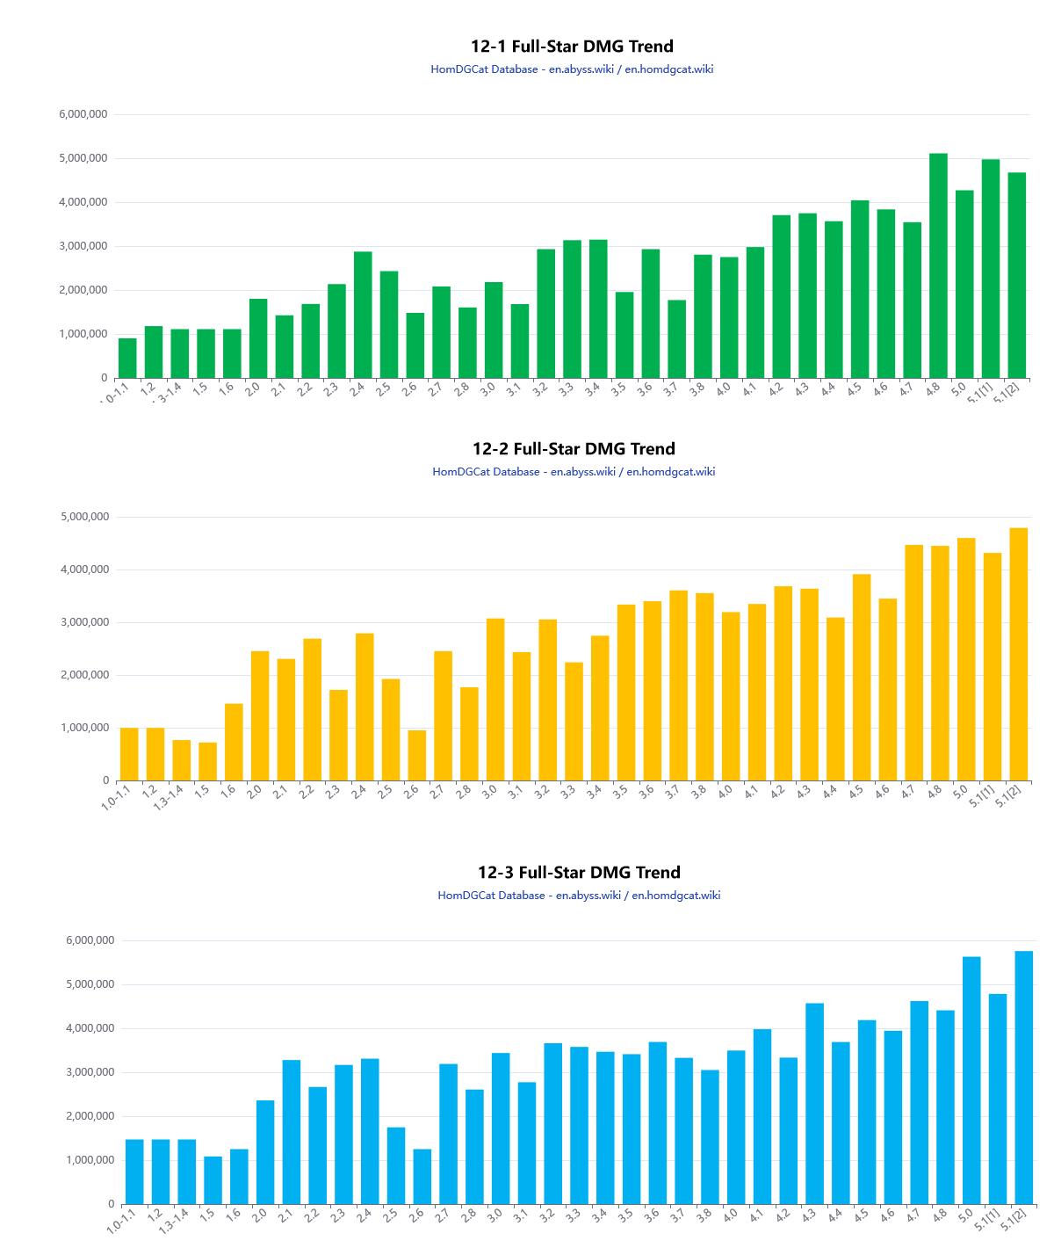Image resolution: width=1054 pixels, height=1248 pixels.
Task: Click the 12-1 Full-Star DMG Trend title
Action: (572, 47)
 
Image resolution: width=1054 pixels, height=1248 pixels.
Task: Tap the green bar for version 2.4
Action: (363, 315)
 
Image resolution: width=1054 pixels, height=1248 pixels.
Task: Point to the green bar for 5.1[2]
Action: (1017, 275)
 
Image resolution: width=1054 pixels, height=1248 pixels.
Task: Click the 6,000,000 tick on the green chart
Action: (83, 114)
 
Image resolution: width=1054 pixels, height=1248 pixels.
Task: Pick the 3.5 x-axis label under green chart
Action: (619, 388)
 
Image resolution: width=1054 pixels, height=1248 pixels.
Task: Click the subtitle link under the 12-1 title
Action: (572, 69)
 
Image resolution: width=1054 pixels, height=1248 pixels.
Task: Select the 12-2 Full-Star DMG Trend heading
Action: (574, 449)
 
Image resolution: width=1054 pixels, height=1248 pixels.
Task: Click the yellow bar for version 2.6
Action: (417, 755)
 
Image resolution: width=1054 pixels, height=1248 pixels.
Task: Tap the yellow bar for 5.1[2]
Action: (1018, 654)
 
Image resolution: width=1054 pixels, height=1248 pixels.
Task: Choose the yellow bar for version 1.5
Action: (207, 761)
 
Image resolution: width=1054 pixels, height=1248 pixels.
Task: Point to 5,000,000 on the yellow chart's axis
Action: (85, 517)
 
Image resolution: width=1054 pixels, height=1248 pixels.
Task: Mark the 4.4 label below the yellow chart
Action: (830, 791)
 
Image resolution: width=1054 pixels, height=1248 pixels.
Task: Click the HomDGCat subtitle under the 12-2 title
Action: (574, 472)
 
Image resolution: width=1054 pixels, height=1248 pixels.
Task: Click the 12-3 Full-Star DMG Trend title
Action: (579, 873)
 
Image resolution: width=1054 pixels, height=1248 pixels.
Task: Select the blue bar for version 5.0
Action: (971, 1080)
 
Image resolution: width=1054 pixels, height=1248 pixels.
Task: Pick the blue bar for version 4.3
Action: (814, 1103)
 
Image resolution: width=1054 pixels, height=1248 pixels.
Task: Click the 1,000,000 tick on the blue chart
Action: (90, 1160)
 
